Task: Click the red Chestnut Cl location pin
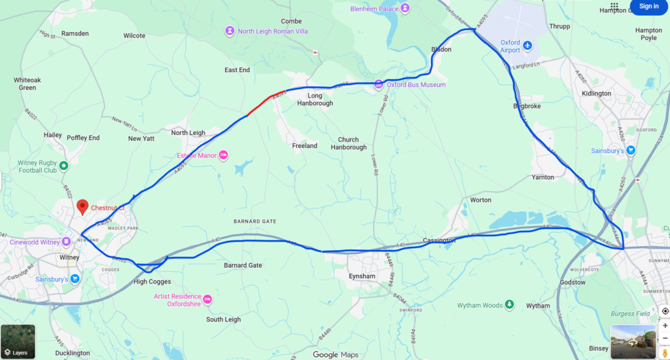82,207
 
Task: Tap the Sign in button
648,7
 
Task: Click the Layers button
18,342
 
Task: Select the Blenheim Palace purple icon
405,8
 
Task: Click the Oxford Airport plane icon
528,46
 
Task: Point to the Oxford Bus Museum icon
378,84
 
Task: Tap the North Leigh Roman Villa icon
230,31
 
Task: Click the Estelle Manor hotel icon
223,155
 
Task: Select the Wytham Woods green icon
510,305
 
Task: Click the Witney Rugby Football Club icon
63,166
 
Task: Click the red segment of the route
266,102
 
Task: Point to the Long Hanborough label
315,99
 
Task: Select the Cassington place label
439,241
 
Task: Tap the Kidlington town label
596,94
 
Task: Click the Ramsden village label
75,33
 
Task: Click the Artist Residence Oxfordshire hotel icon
207,300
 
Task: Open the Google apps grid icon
614,7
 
